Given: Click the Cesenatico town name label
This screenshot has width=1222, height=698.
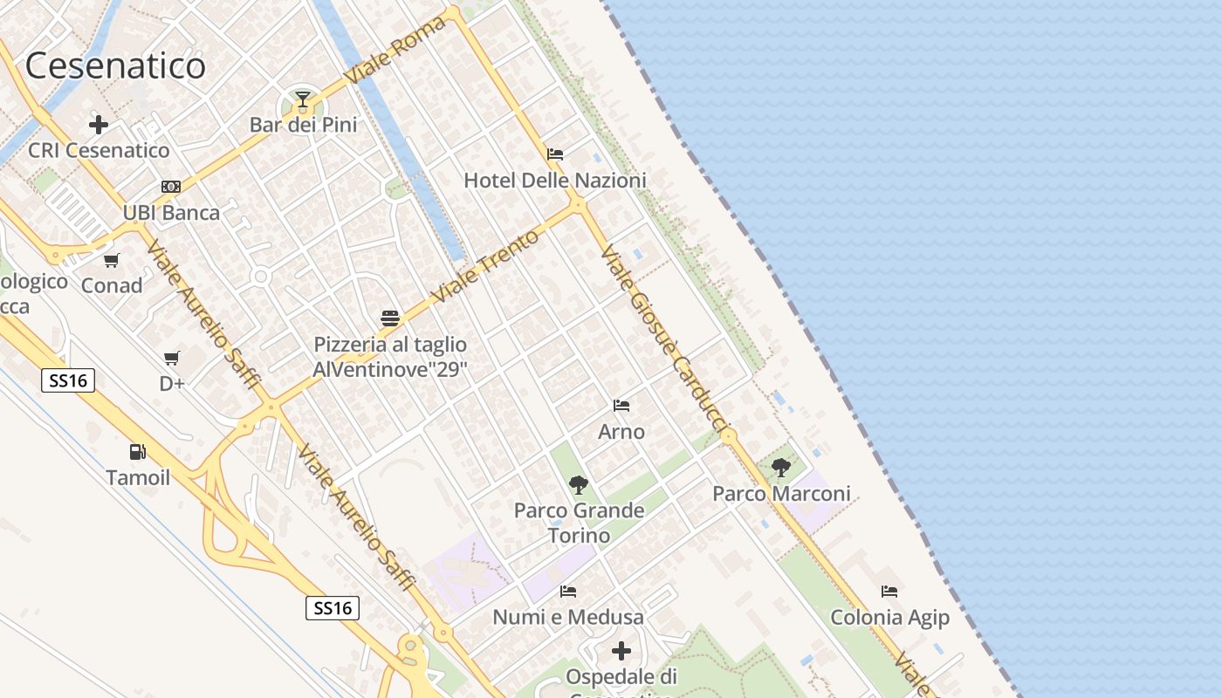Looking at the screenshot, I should tap(115, 65).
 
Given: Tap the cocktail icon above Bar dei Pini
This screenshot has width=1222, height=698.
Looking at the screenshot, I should tap(303, 99).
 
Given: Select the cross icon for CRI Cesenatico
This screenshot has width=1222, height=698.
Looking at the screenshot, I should tap(99, 125).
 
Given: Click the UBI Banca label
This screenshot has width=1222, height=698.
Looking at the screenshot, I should tap(171, 212).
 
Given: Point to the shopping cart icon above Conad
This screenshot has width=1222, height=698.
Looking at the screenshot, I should tap(111, 260).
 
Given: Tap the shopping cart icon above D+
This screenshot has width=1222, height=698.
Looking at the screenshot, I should tap(172, 358).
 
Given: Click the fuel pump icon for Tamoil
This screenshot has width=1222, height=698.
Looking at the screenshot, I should tap(137, 452).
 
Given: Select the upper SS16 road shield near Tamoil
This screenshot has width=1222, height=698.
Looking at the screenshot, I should tap(68, 380).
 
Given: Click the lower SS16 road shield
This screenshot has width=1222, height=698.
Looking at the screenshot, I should tap(333, 608).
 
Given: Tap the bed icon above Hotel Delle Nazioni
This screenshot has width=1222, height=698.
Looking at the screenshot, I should tap(555, 154).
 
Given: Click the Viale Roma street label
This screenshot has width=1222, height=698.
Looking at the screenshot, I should tap(395, 50).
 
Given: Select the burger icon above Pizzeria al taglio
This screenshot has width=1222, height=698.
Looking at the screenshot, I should tap(390, 318).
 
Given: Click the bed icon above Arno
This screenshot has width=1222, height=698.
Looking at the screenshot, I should tap(621, 406).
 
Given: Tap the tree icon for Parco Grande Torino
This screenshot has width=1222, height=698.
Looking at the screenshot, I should tap(578, 485).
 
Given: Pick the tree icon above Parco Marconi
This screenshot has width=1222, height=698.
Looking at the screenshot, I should tap(781, 468).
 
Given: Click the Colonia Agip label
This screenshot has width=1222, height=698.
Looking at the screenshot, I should tap(889, 618).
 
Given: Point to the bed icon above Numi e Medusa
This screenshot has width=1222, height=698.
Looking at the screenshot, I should tap(568, 592).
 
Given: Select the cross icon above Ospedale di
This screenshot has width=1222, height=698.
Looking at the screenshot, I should tap(621, 651).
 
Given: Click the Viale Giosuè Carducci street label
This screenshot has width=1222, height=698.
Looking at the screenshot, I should tap(664, 340).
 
